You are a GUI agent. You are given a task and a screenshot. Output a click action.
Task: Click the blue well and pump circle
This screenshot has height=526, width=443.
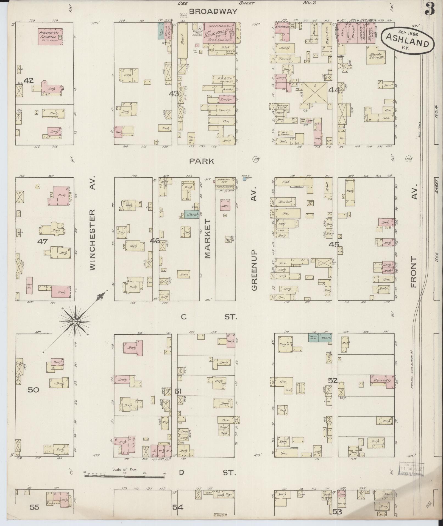[244, 179]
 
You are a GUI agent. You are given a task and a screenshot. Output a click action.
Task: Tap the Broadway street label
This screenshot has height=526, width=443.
[213, 11]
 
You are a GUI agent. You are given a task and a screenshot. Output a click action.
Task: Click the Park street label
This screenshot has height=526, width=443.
[202, 161]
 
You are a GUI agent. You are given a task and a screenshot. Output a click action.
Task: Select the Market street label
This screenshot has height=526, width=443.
[207, 239]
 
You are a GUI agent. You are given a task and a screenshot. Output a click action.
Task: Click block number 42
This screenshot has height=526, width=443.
[29, 81]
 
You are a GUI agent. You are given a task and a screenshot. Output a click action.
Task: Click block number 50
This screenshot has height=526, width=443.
[34, 390]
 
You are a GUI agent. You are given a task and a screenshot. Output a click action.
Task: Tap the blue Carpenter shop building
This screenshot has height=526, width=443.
[191, 214]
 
